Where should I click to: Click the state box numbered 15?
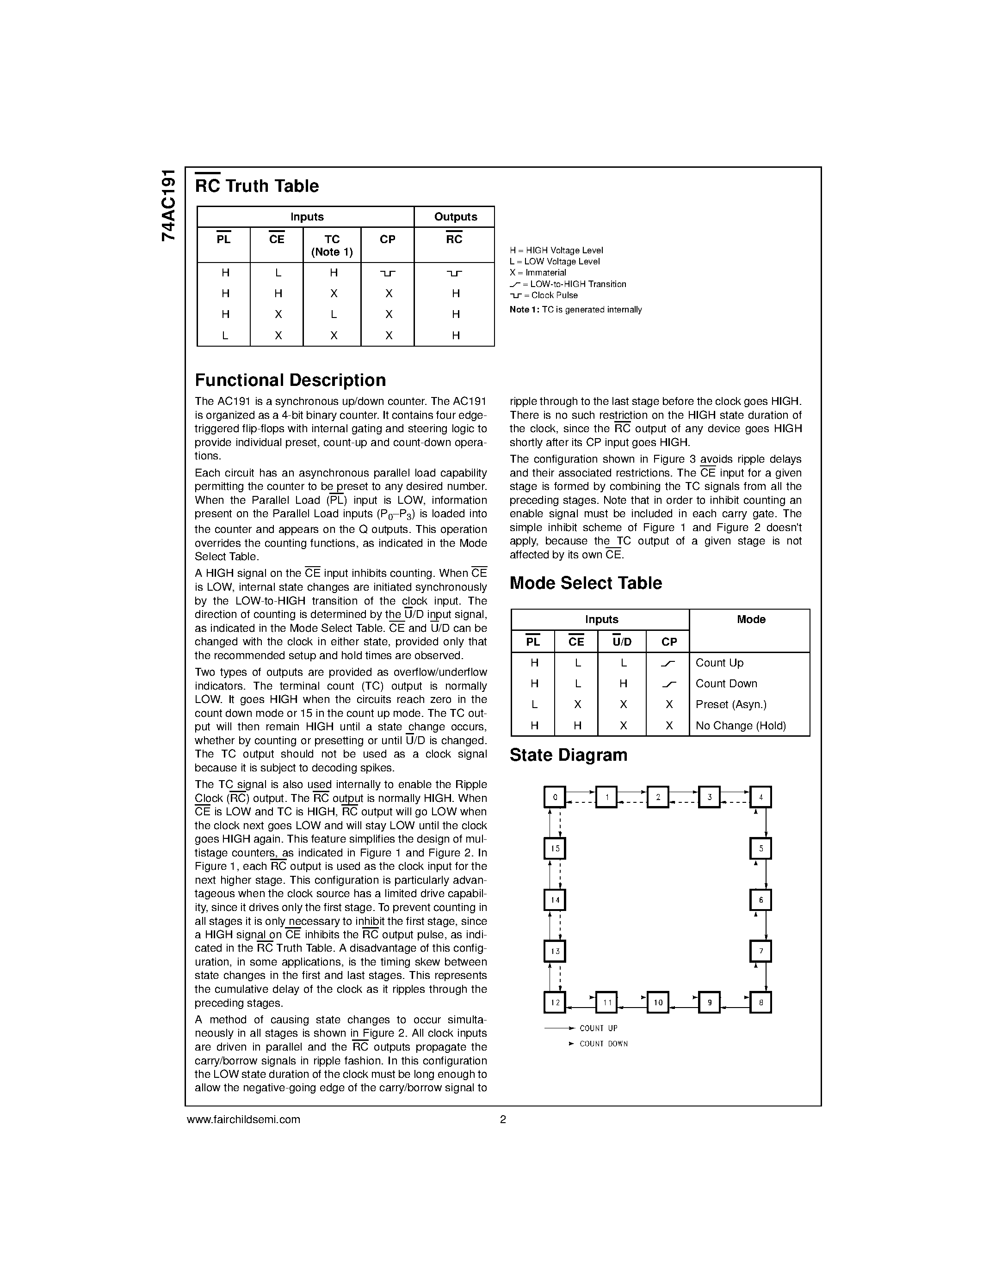coord(554,849)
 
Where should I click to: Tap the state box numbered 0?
coord(554,797)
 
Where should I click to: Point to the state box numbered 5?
coord(760,849)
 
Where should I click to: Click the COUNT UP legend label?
coord(598,1028)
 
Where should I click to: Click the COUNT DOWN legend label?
coord(603,1044)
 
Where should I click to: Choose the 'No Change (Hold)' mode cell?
coord(740,726)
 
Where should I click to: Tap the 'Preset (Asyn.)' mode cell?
coord(731,705)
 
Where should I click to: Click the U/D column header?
coord(622,642)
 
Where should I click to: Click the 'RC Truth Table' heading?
coord(257,186)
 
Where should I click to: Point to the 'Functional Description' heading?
coord(290,380)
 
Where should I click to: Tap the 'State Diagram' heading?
coord(569,755)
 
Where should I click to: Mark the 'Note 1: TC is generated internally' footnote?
coord(575,310)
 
